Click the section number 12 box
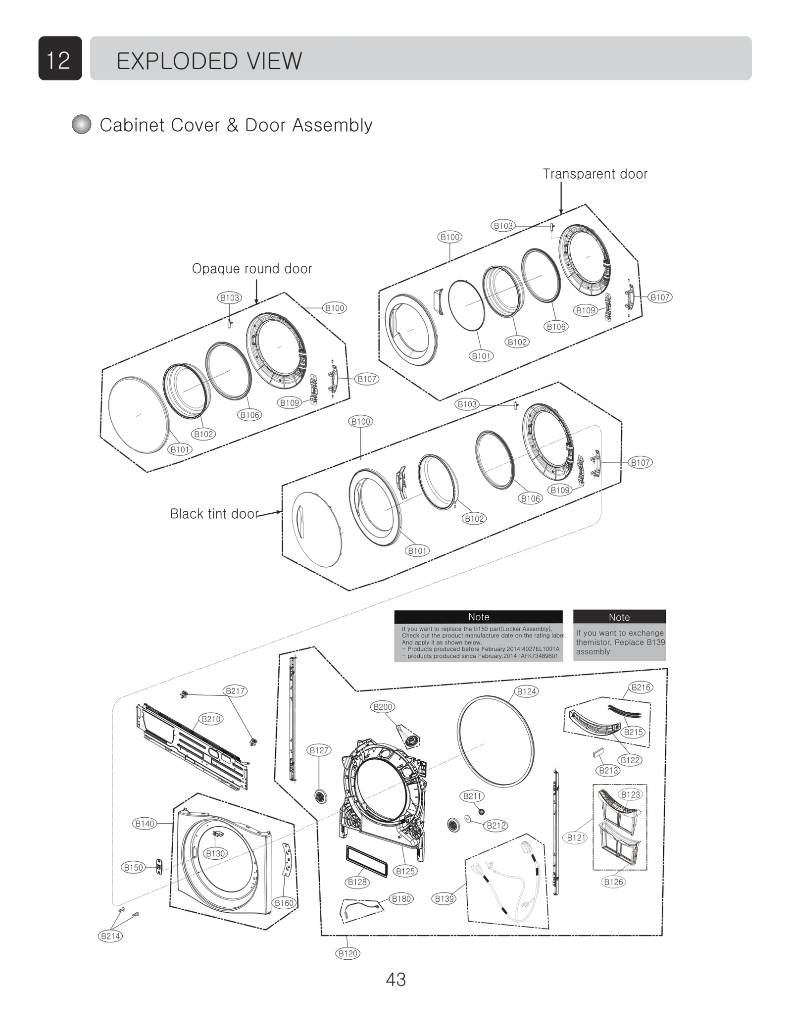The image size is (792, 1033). click(x=60, y=58)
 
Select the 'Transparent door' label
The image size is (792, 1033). click(x=594, y=174)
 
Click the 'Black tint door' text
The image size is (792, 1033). click(x=214, y=514)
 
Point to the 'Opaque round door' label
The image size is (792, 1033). click(x=251, y=269)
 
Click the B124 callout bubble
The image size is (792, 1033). click(x=526, y=691)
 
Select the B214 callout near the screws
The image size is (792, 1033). click(x=110, y=936)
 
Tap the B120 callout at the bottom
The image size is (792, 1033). click(x=347, y=953)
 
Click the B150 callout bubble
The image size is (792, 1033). click(x=133, y=867)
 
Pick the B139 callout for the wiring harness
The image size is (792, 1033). click(x=444, y=898)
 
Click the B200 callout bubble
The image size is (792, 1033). click(x=383, y=707)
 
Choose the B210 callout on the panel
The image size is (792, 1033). click(x=211, y=719)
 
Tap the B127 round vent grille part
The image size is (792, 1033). click(x=321, y=797)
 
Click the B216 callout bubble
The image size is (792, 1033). click(x=641, y=687)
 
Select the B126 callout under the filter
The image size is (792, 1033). click(x=614, y=882)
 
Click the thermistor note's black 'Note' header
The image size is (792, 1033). click(x=619, y=617)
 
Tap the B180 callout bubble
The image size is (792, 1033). click(x=401, y=898)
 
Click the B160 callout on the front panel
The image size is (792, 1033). click(x=284, y=903)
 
